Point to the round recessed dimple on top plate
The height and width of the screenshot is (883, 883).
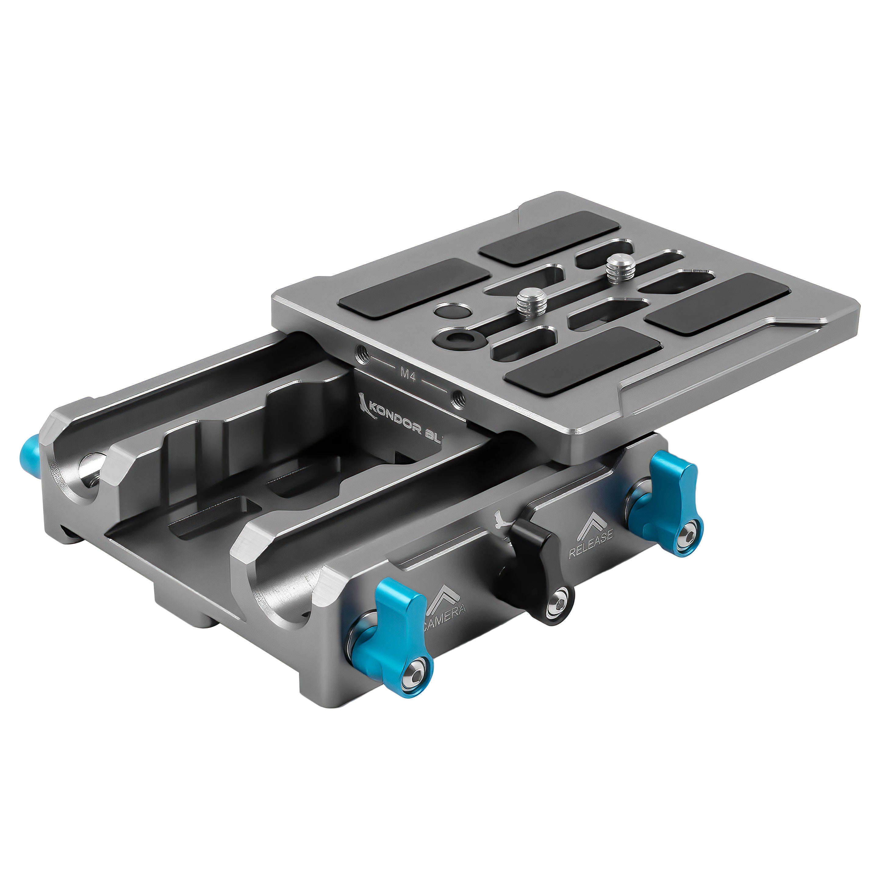pos(448,312)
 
